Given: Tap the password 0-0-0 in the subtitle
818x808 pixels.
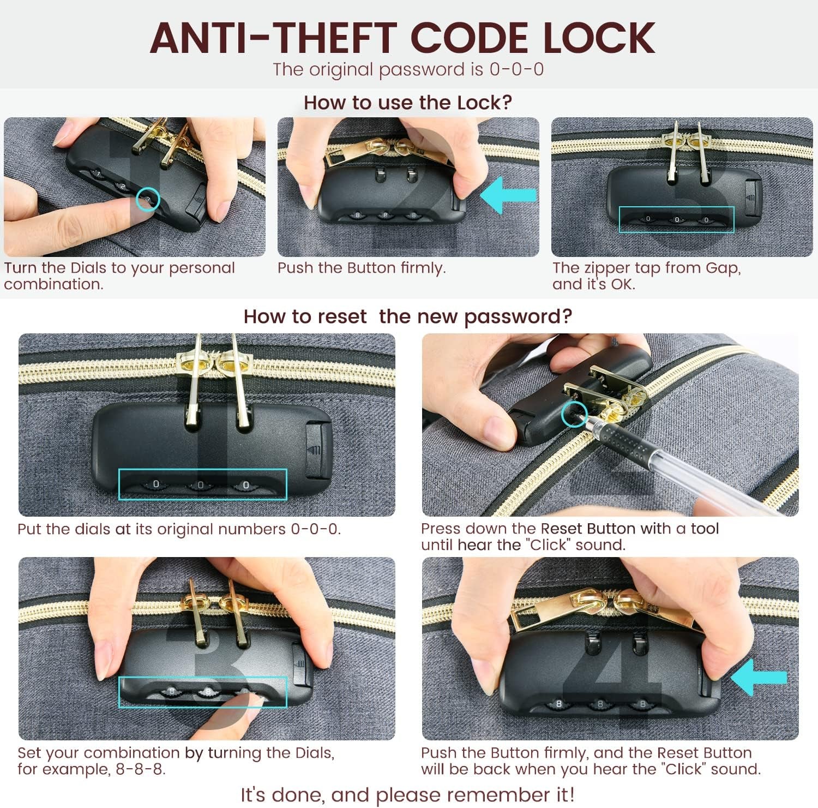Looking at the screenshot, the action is [516, 70].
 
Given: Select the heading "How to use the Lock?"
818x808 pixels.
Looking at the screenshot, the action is [408, 103].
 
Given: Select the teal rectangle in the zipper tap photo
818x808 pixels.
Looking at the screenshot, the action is [676, 207].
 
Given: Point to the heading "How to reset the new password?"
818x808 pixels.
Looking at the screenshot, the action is [408, 316].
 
